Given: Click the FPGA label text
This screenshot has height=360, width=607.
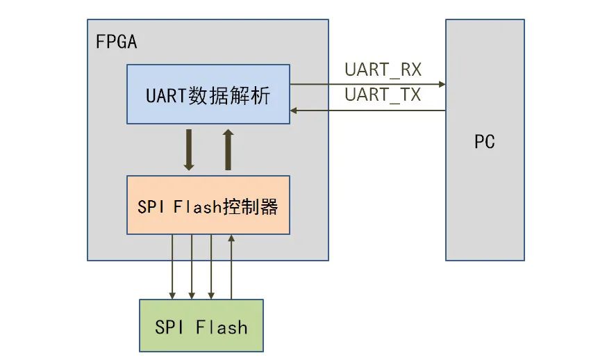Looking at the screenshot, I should tap(116, 41).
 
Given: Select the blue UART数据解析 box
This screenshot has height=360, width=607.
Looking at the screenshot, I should tap(208, 94).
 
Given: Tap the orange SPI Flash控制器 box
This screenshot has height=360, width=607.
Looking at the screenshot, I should tap(208, 204).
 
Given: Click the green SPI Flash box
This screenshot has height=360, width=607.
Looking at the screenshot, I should tap(201, 325).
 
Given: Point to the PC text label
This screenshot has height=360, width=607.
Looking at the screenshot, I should tap(485, 142).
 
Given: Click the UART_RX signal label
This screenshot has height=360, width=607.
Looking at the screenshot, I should tap(383, 70).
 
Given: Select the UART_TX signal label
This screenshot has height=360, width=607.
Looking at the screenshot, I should tap(383, 95).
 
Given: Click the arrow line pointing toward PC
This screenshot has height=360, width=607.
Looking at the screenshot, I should tap(368, 84).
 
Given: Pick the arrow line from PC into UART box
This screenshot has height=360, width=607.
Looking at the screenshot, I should tap(368, 110).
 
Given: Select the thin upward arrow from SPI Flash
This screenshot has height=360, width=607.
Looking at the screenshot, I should tap(231, 267).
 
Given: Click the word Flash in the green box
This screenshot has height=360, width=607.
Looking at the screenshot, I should tap(221, 326).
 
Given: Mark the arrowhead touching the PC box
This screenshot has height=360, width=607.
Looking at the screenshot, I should tap(442, 84).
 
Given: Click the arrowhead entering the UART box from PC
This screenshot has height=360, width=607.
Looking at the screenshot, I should tap(294, 110).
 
